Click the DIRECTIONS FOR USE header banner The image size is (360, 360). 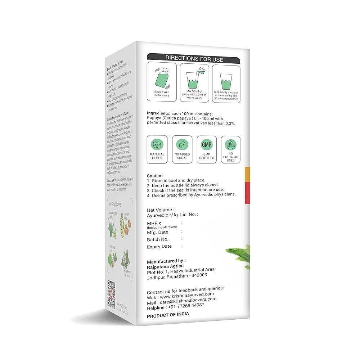(x=194, y=58)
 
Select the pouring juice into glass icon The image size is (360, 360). (x=194, y=77)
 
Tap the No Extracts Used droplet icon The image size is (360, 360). (x=230, y=144)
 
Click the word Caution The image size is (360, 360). (x=155, y=176)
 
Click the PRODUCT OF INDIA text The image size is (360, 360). (x=168, y=314)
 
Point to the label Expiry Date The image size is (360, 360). (x=159, y=247)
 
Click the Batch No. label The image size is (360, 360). (x=158, y=239)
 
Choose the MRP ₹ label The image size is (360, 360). (x=154, y=223)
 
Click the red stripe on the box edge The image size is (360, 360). (x=247, y=193)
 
